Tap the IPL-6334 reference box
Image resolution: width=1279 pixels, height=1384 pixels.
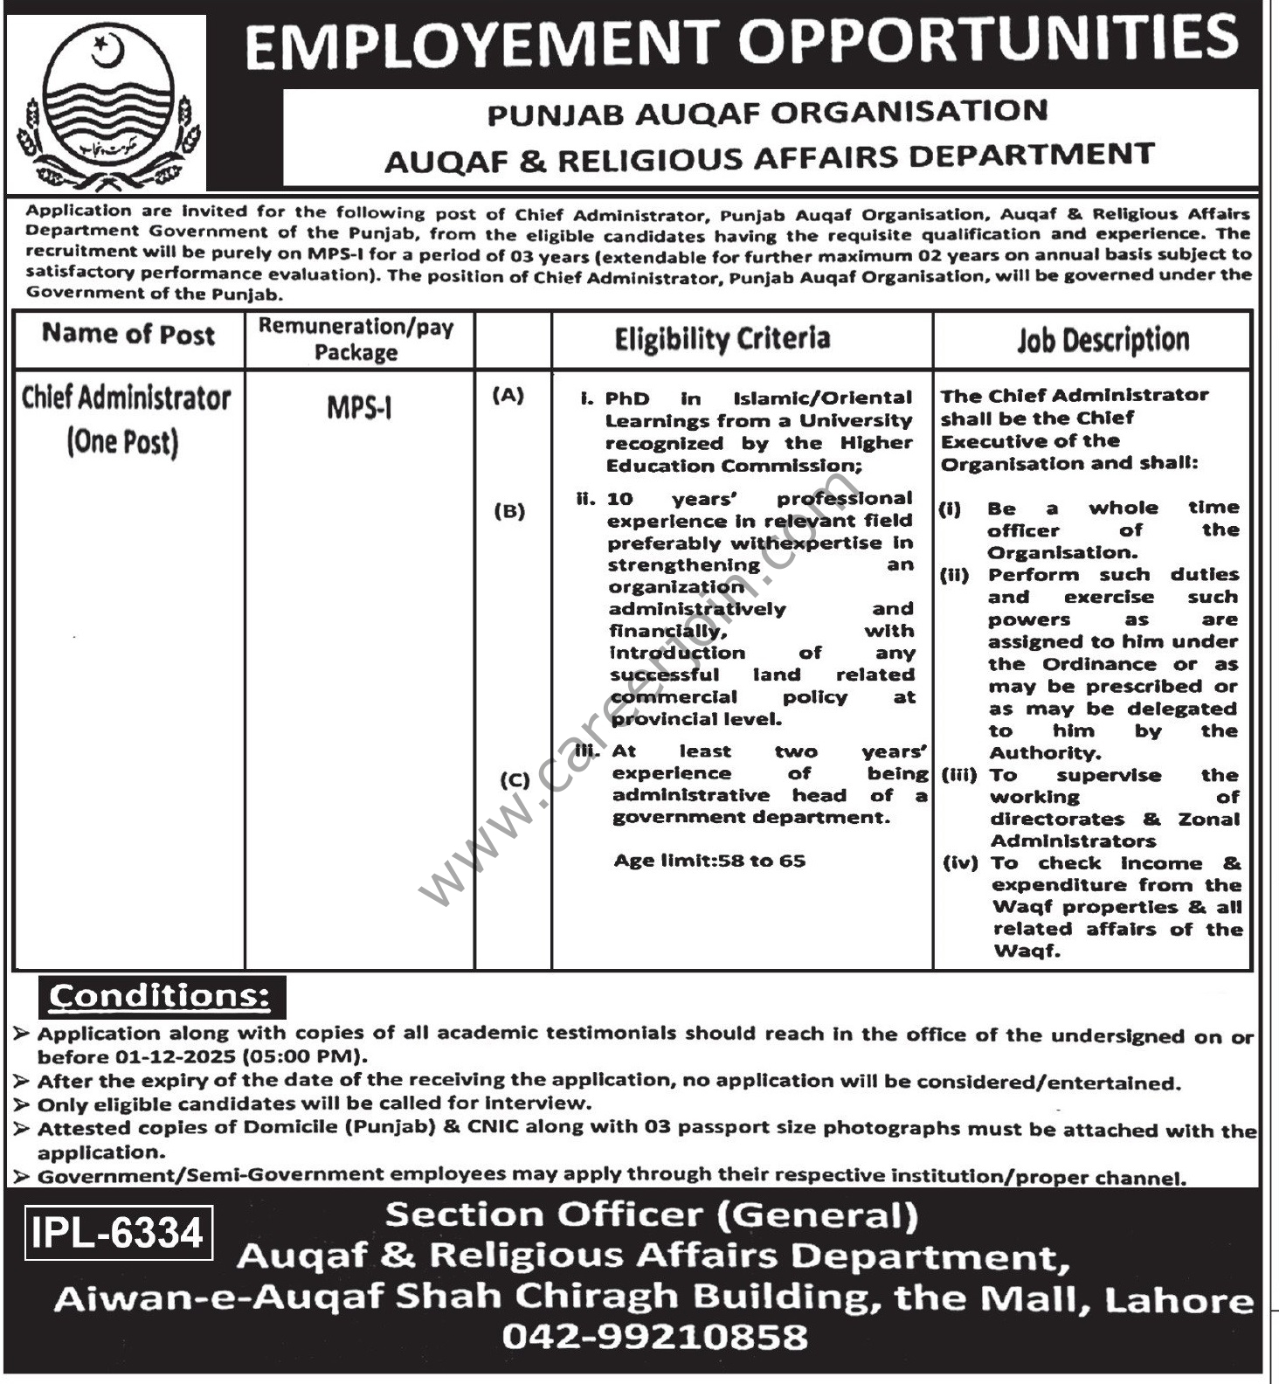(118, 1233)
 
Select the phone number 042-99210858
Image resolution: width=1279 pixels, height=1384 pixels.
(654, 1336)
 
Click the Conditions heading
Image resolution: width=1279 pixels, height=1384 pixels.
(160, 997)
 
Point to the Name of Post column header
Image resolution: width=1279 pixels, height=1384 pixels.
(128, 335)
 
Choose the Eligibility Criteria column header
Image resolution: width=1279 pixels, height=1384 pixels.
(722, 339)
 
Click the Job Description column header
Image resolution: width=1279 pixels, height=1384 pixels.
(1103, 340)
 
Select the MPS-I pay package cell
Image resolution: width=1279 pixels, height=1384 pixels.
(359, 408)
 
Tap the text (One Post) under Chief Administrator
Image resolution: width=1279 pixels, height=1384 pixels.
(122, 442)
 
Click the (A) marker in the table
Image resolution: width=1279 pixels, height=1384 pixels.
(508, 396)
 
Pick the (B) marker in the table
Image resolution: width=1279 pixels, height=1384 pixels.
(509, 511)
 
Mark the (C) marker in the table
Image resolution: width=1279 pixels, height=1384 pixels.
(515, 779)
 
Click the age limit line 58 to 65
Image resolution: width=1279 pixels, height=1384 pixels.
(709, 861)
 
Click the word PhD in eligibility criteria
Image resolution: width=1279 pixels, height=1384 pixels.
(627, 398)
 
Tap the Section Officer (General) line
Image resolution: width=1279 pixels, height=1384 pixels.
(652, 1215)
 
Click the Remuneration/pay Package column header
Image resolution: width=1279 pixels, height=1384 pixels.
(356, 339)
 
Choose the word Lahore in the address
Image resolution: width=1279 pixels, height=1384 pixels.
(1179, 1301)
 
